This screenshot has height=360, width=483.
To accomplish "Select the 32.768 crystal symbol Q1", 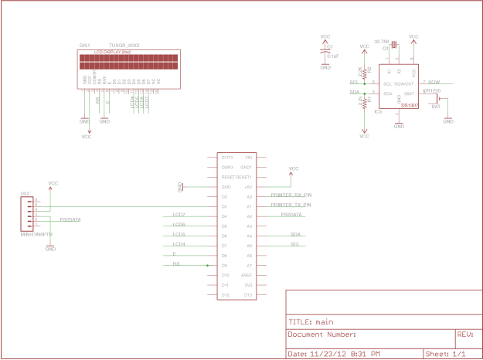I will (x=394, y=46).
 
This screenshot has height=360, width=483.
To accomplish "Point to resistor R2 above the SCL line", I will (x=364, y=71).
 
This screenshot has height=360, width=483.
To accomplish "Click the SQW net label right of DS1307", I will (x=434, y=82).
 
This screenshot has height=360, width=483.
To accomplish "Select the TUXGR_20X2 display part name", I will (x=124, y=46).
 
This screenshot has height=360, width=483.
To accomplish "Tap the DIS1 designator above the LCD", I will (x=85, y=46).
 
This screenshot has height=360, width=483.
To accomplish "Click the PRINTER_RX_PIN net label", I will (x=291, y=195).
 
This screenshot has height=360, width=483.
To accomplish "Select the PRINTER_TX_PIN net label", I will (x=291, y=205).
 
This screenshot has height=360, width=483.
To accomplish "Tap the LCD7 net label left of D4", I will (x=179, y=214).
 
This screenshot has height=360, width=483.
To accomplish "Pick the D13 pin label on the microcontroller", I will (x=248, y=295).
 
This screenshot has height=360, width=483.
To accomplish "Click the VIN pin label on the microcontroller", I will (x=248, y=157).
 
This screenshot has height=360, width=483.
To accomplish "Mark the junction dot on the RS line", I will (x=209, y=265).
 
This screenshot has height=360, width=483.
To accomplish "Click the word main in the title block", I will (x=324, y=322).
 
